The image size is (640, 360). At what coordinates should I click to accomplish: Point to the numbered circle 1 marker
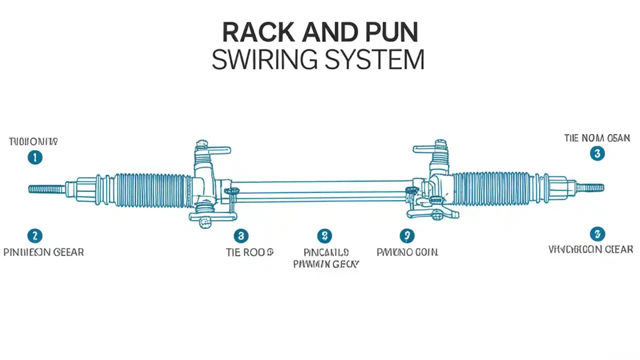pyautogui.click(x=34, y=158)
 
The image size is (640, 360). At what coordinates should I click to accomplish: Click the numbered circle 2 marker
pyautogui.click(x=34, y=235)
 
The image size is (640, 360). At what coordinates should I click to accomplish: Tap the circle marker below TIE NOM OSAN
pyautogui.click(x=597, y=153)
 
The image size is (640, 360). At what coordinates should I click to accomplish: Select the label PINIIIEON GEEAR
pyautogui.click(x=43, y=252)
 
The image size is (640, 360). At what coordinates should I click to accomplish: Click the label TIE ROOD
pyautogui.click(x=249, y=252)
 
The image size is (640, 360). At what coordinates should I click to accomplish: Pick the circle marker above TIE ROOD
pyautogui.click(x=241, y=235)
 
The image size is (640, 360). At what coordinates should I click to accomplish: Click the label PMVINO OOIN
pyautogui.click(x=407, y=252)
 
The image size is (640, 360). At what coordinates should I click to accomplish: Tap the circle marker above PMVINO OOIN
pyautogui.click(x=407, y=235)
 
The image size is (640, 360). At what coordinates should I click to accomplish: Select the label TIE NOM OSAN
pyautogui.click(x=597, y=138)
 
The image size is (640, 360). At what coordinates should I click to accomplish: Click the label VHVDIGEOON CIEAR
pyautogui.click(x=590, y=249)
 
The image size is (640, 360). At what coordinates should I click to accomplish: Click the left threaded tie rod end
pyautogui.click(x=46, y=189)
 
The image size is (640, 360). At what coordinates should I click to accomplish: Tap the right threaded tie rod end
pyautogui.click(x=590, y=188)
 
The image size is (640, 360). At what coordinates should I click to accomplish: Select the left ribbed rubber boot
pyautogui.click(x=152, y=189)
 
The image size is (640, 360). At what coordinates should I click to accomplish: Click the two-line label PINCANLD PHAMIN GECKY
pyautogui.click(x=326, y=258)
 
